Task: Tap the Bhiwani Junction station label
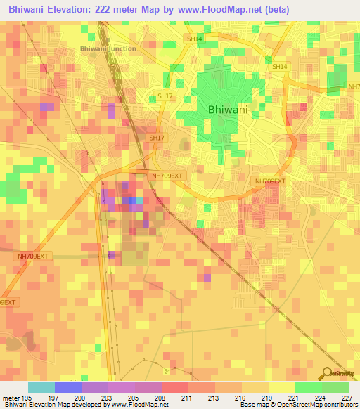[108, 48]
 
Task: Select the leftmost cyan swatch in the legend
[41, 387]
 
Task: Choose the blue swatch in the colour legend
[68, 387]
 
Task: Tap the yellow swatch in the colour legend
[281, 387]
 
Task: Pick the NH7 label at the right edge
[353, 87]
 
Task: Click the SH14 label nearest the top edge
[195, 39]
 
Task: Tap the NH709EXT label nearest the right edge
[271, 181]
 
